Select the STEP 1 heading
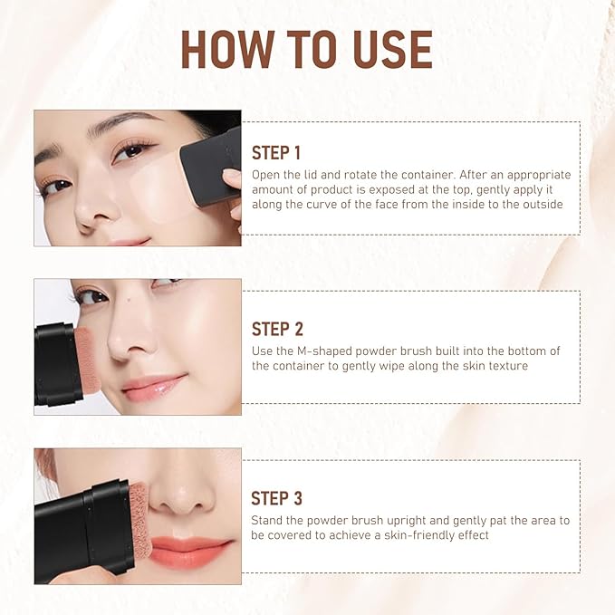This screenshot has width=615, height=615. point(276,152)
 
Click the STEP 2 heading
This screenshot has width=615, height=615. point(276,329)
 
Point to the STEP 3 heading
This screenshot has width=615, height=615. point(276,498)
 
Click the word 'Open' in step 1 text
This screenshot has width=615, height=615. point(266,174)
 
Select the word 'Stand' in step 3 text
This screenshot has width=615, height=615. point(268,520)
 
